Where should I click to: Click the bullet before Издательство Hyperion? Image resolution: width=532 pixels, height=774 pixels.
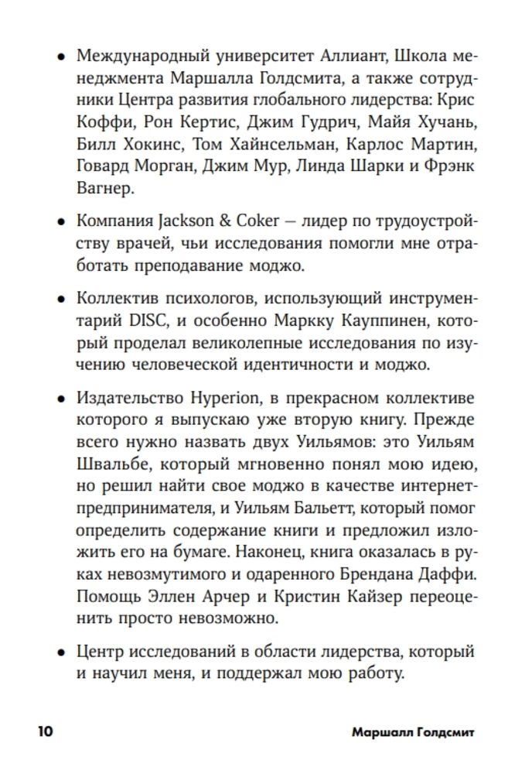[x=60, y=398]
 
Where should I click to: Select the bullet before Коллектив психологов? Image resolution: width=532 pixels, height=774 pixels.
[x=60, y=299]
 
